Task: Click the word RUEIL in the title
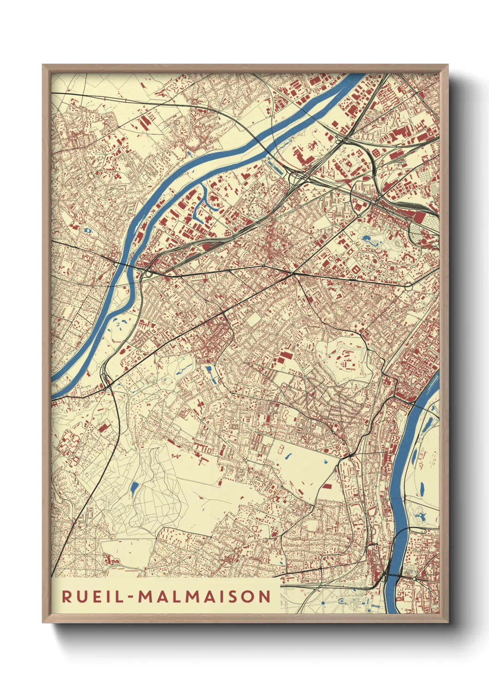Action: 89,597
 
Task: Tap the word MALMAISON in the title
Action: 205,597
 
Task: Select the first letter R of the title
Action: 67,597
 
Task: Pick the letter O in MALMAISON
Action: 251,597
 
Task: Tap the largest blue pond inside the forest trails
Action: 134,488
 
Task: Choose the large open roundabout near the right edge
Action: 408,287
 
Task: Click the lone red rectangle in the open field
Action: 327,486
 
